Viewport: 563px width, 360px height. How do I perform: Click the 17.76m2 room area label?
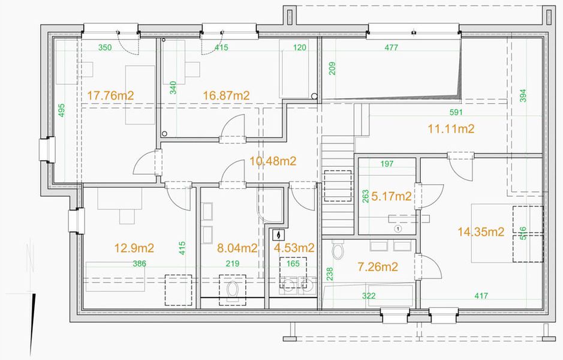point(110,95)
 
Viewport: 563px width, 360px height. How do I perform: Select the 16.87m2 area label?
point(226,95)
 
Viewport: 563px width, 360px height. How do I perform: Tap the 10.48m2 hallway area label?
point(273,161)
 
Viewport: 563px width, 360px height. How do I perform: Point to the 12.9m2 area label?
point(134,248)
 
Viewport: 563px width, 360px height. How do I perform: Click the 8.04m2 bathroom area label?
point(237,248)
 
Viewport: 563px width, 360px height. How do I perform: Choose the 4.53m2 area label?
point(294,248)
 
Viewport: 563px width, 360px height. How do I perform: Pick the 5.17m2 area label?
point(392,196)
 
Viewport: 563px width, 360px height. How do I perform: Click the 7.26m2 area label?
point(378,266)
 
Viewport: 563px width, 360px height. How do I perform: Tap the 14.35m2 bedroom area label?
point(481,232)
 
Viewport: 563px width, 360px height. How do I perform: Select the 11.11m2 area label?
point(451,128)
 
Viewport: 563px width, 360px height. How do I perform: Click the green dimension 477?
point(392,47)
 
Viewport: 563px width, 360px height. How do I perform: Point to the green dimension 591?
point(456,112)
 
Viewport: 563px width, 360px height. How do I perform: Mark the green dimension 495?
point(61,110)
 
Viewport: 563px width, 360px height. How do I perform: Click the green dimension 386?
point(139,264)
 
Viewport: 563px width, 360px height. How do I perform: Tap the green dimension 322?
point(369,296)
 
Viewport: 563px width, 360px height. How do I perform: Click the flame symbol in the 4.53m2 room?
point(278,235)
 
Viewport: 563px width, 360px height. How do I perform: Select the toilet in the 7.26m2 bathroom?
point(338,248)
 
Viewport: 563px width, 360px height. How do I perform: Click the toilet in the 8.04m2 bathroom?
point(233,290)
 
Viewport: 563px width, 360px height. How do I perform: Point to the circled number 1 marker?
point(398,229)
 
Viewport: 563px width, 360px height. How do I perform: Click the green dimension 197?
point(387,164)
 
